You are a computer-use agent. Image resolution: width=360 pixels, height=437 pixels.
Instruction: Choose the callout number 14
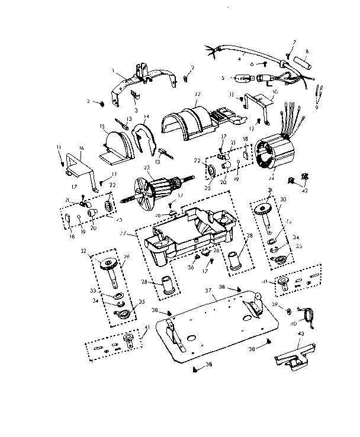(x=146, y=117)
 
